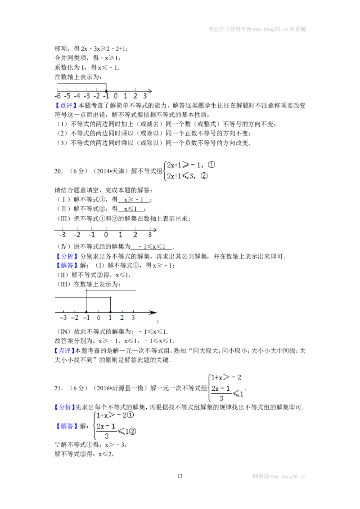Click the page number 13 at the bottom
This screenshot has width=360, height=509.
(x=180, y=476)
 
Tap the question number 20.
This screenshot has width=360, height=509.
(x=58, y=171)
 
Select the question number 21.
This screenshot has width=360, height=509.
(x=58, y=388)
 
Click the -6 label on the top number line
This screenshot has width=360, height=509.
(x=58, y=96)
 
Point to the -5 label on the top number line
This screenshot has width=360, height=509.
(x=67, y=96)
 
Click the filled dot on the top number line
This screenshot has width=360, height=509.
(x=106, y=91)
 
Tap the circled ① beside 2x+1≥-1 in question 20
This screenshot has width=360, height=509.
(x=211, y=165)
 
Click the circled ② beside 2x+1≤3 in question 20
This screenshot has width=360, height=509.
(x=204, y=176)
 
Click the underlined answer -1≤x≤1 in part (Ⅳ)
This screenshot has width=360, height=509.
(x=152, y=247)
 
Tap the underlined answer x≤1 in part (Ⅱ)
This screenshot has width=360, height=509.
(x=130, y=209)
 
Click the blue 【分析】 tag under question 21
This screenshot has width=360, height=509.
(x=65, y=407)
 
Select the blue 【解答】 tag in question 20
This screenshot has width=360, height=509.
(x=67, y=266)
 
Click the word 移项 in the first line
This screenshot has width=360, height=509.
(x=61, y=49)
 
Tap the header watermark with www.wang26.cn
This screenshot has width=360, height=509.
(x=257, y=29)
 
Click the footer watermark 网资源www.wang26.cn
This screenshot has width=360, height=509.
(x=279, y=476)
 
